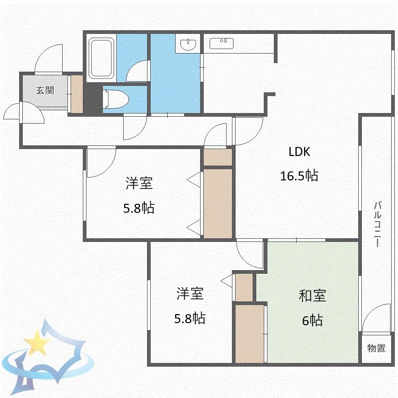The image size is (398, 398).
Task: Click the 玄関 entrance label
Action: (x=45, y=90)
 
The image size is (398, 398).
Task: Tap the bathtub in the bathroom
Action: (x=101, y=58)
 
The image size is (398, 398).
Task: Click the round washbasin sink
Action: (x=188, y=44)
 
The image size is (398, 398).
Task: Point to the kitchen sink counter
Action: (x=222, y=44)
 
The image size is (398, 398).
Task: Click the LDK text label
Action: (x=299, y=152)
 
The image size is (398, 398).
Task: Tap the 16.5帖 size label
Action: (x=299, y=176)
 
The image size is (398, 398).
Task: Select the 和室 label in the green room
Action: (x=312, y=296)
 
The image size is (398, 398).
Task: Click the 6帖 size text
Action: (x=313, y=321)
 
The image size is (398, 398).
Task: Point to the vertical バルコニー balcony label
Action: (x=377, y=224)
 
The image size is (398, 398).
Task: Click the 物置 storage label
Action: (x=377, y=348)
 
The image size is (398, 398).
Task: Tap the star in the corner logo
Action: (x=37, y=342)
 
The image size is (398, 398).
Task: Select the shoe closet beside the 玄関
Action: (x=76, y=94)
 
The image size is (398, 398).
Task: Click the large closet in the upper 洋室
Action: (x=218, y=204)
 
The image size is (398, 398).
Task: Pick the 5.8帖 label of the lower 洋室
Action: (x=189, y=318)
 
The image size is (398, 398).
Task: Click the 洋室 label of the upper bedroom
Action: (x=139, y=183)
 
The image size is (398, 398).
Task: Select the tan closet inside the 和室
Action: (x=250, y=334)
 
